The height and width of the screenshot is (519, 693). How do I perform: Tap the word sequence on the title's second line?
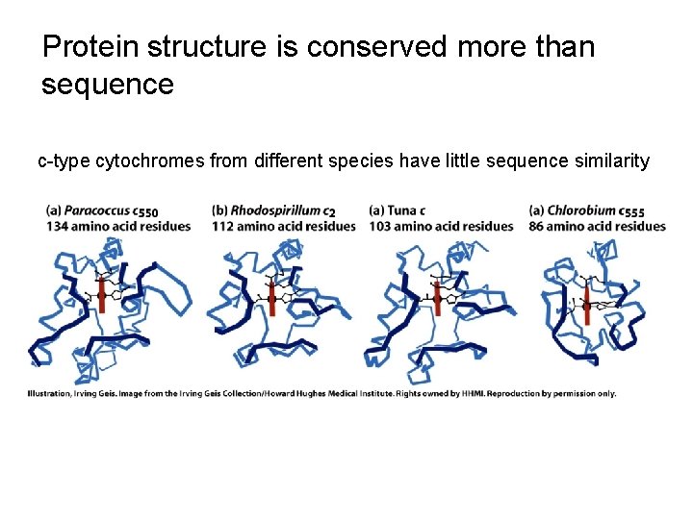(108, 85)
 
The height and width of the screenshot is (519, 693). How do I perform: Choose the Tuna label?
(403, 210)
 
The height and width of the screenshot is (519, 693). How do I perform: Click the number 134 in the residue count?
(57, 226)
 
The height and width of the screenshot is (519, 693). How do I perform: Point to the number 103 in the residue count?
(380, 226)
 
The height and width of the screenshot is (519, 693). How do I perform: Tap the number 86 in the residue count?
(537, 226)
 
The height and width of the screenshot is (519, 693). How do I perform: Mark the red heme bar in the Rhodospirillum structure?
(271, 299)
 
